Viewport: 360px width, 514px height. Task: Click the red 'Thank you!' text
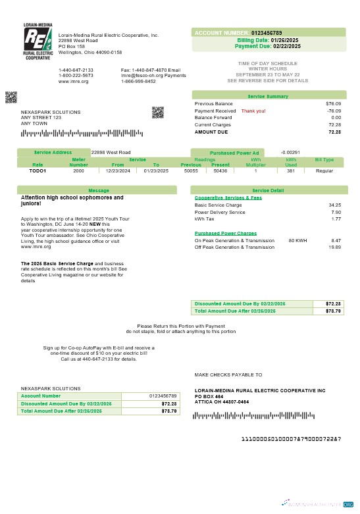click(x=253, y=111)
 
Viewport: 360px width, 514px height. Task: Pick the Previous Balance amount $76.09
click(x=333, y=104)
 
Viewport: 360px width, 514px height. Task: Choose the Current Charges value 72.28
click(x=334, y=124)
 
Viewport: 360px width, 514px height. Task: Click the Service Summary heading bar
click(x=268, y=96)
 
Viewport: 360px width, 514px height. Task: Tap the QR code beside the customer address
click(x=157, y=112)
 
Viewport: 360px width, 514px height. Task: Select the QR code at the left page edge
click(x=11, y=97)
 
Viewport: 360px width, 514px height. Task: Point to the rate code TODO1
click(x=38, y=170)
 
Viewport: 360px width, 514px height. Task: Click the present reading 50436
click(x=220, y=170)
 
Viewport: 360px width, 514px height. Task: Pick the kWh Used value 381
click(x=290, y=170)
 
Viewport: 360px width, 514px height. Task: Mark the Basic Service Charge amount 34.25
click(x=334, y=205)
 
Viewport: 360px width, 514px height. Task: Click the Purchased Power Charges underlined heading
click(x=226, y=233)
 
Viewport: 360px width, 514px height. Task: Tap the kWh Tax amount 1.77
click(x=336, y=218)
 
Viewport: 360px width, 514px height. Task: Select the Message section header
click(x=98, y=190)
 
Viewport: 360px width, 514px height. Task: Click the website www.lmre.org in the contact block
click(x=73, y=81)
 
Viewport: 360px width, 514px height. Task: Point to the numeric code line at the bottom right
click(x=291, y=438)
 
